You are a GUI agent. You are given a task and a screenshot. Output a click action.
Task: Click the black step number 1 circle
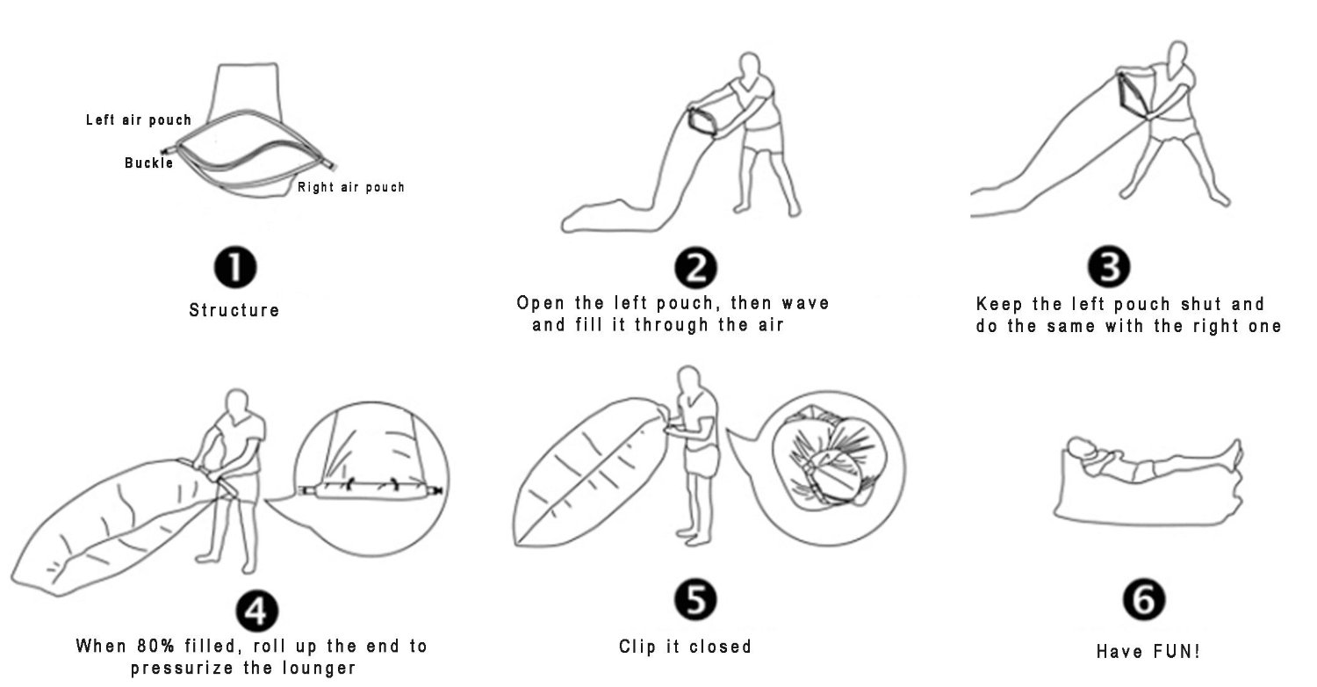coord(235,267)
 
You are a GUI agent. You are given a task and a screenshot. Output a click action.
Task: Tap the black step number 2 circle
coord(695,268)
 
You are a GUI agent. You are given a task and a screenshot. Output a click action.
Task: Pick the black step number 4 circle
coord(257,611)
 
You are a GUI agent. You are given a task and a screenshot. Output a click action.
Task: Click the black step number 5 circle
coord(695,600)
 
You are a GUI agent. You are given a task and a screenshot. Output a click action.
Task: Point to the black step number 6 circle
coord(1144,600)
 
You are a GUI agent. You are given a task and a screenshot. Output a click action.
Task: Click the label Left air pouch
coord(139,120)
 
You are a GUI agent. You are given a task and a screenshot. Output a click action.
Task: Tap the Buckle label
coord(148,163)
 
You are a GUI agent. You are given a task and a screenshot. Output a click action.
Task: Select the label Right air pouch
coord(351,187)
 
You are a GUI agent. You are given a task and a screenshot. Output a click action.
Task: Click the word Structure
coord(234,310)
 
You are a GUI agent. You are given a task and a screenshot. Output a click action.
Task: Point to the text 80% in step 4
coord(155,646)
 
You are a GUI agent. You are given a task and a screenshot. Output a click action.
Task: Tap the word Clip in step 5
coord(637,647)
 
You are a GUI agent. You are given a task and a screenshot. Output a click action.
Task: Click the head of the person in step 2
coord(750,65)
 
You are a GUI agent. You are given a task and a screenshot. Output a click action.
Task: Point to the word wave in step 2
coord(805,303)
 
